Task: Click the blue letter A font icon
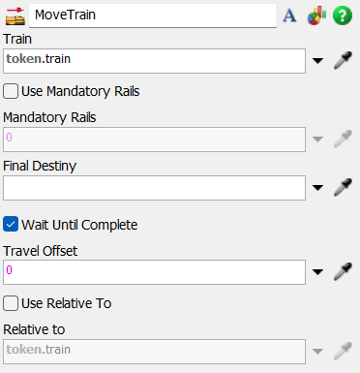pyautogui.click(x=289, y=16)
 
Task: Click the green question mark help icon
pyautogui.click(x=343, y=16)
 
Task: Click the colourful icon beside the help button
pyautogui.click(x=316, y=16)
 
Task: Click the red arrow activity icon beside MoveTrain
pyautogui.click(x=15, y=16)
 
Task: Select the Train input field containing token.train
pyautogui.click(x=155, y=61)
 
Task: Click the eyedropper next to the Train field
pyautogui.click(x=343, y=61)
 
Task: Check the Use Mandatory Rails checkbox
pyautogui.click(x=12, y=92)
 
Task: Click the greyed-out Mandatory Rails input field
pyautogui.click(x=155, y=140)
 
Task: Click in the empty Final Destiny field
pyautogui.click(x=155, y=186)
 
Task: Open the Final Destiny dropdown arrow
pyautogui.click(x=318, y=187)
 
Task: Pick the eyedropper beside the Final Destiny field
pyautogui.click(x=343, y=186)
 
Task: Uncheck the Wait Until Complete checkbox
pyautogui.click(x=12, y=225)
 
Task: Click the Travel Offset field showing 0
pyautogui.click(x=155, y=271)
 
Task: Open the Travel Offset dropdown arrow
pyautogui.click(x=318, y=272)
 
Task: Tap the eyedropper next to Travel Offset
pyautogui.click(x=343, y=271)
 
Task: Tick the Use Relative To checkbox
pyautogui.click(x=12, y=303)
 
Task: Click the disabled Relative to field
pyautogui.click(x=155, y=350)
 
